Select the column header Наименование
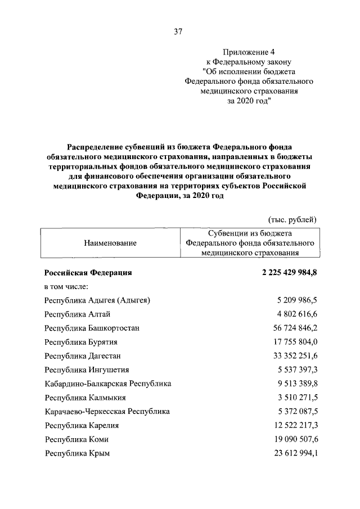click(110, 243)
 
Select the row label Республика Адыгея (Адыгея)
click(97, 300)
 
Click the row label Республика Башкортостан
click(92, 328)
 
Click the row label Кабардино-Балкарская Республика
click(108, 384)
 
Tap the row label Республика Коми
click(76, 439)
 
